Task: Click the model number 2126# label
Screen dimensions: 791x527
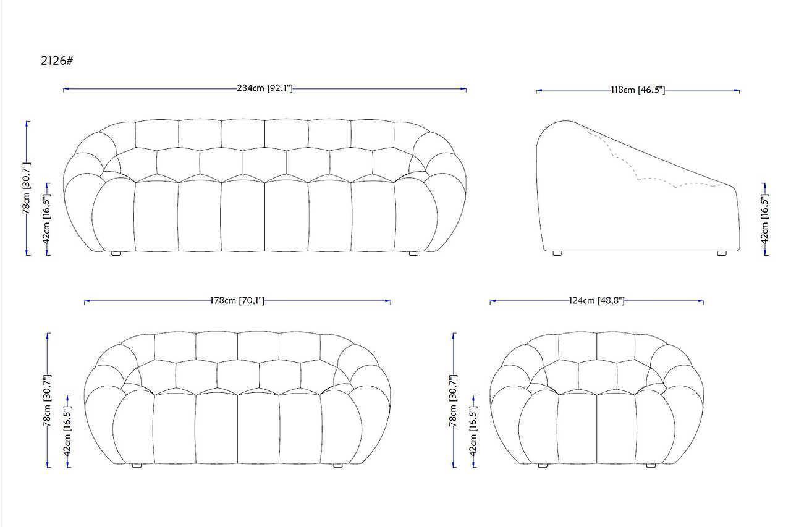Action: [57, 61]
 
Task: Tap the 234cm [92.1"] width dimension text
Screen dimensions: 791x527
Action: [265, 88]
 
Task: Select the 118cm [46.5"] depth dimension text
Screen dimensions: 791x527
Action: [638, 90]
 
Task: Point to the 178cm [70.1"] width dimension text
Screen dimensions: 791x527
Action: [237, 300]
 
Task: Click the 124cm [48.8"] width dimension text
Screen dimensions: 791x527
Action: [596, 300]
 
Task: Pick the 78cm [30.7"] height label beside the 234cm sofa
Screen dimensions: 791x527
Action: [27, 188]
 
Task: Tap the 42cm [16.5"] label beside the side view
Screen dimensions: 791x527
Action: [764, 219]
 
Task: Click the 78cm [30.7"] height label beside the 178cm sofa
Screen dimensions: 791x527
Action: [48, 400]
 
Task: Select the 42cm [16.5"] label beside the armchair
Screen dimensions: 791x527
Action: [473, 431]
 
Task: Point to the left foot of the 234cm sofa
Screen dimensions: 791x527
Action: [116, 253]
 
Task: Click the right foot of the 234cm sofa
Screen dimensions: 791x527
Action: [413, 253]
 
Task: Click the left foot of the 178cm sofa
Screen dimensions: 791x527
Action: [137, 466]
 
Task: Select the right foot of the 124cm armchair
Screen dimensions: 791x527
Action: [651, 466]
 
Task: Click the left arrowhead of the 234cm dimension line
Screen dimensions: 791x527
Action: [66, 89]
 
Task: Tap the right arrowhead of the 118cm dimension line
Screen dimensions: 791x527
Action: [737, 91]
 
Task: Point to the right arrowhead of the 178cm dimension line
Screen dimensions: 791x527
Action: [387, 301]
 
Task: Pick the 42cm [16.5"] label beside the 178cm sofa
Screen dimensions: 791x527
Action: [67, 431]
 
